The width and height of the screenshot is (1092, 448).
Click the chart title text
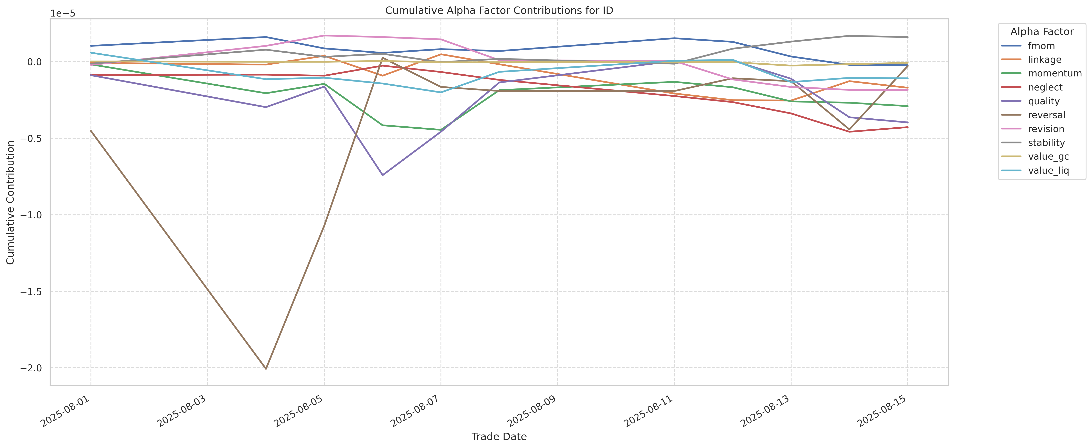(x=499, y=11)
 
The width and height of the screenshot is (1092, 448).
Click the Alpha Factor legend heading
(x=1042, y=32)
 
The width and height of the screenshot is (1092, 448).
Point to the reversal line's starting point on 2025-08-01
(x=91, y=131)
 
